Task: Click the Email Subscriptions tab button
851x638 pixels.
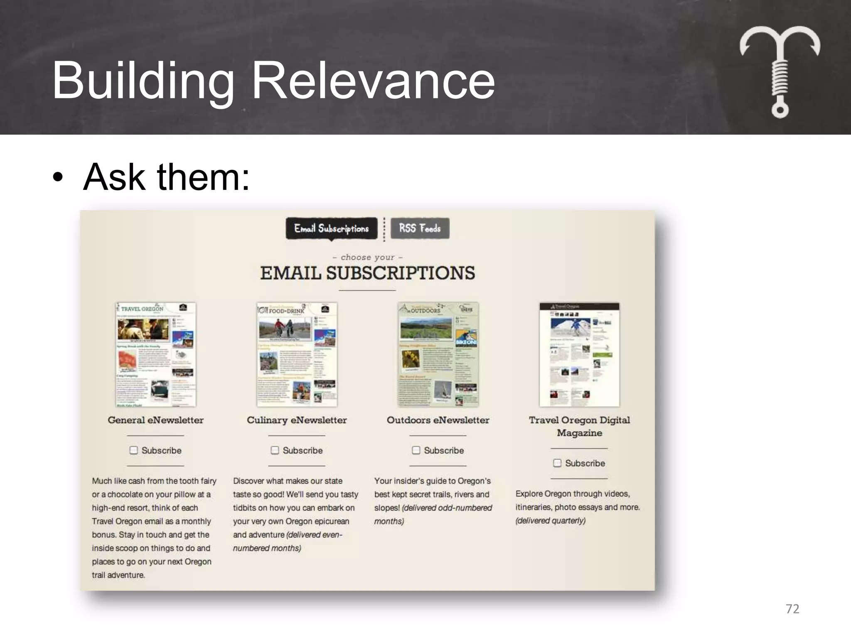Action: point(331,228)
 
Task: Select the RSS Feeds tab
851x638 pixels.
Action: point(420,228)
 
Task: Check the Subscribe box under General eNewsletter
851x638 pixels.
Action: point(133,450)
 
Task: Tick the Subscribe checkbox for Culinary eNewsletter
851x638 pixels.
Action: point(275,450)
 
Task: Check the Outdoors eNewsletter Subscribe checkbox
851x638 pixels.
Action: point(416,450)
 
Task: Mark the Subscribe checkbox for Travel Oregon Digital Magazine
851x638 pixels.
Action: point(557,463)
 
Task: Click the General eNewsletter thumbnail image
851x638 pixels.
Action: point(155,354)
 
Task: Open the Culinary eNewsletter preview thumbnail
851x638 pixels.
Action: point(297,354)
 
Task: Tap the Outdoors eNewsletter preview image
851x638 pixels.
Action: point(438,354)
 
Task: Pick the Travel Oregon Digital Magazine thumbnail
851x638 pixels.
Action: point(579,354)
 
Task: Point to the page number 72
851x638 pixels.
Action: point(792,609)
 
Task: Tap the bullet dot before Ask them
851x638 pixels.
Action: point(58,178)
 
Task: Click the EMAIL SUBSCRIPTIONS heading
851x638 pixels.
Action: point(367,273)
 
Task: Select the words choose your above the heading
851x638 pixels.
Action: point(367,257)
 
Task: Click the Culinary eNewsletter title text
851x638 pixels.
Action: point(297,420)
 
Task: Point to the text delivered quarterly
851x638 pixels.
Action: point(551,520)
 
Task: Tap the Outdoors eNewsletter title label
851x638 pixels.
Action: point(438,420)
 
